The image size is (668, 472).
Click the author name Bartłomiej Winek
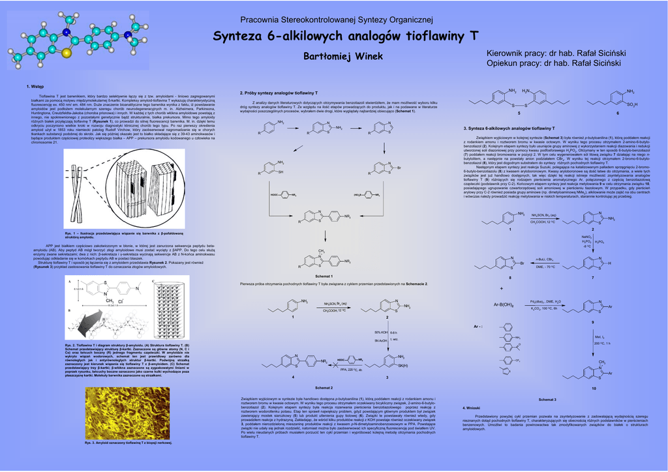[344, 57]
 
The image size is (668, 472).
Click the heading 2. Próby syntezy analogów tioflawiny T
[279, 93]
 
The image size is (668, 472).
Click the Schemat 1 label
[324, 276]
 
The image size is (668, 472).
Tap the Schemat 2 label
[324, 387]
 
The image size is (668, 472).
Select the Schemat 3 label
[547, 399]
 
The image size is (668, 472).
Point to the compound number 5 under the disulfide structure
[519, 114]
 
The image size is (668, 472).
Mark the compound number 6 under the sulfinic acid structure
[617, 114]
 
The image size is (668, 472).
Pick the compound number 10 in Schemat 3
[593, 389]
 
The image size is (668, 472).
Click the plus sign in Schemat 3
[502, 288]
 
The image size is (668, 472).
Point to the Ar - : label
[477, 326]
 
